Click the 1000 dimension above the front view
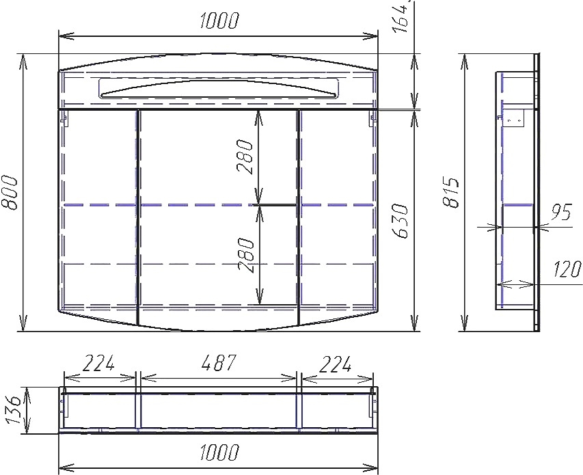coord(218,21)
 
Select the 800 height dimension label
coord(10,193)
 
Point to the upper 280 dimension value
coord(245,157)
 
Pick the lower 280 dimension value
coord(245,256)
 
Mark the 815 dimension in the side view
coord(451,193)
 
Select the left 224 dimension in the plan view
coord(98,363)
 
